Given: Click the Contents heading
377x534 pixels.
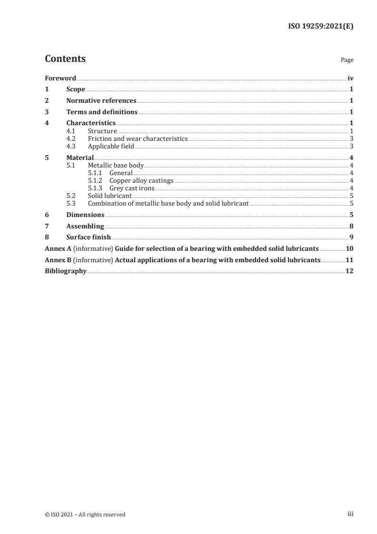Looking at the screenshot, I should (x=65, y=59).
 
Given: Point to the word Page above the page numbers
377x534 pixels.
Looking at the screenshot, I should (x=347, y=60).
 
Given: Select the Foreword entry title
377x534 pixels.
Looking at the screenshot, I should (x=60, y=78).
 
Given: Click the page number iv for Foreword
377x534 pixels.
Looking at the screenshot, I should (x=350, y=78).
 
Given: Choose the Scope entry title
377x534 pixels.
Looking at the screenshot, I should (x=76, y=89).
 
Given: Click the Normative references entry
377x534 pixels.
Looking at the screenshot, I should (x=101, y=101).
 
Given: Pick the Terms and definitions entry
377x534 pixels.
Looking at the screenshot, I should (x=102, y=112).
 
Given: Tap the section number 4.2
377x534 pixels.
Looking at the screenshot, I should (x=71, y=139).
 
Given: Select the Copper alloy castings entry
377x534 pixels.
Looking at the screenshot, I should (x=141, y=180).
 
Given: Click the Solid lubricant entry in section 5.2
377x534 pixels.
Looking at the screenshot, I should (x=110, y=196).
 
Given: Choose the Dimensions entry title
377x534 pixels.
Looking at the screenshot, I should (x=86, y=215).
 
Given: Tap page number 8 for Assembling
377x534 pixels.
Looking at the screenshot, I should (x=351, y=226).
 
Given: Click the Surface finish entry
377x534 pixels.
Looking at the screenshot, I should (x=88, y=237).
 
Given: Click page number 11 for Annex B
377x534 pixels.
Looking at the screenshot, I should (x=349, y=260).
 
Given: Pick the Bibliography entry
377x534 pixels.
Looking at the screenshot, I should (x=66, y=271).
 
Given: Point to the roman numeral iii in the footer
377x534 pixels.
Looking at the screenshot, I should (x=350, y=514).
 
